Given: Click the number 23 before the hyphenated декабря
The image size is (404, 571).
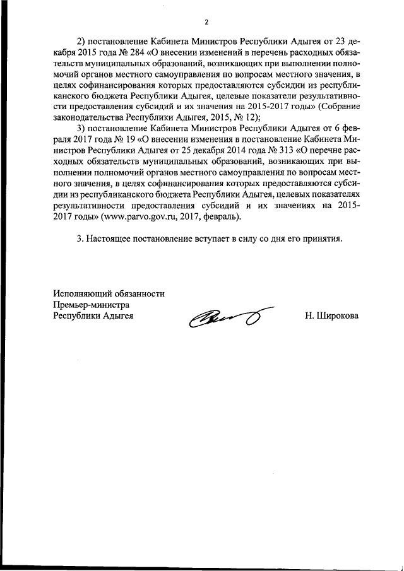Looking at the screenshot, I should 345,42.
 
